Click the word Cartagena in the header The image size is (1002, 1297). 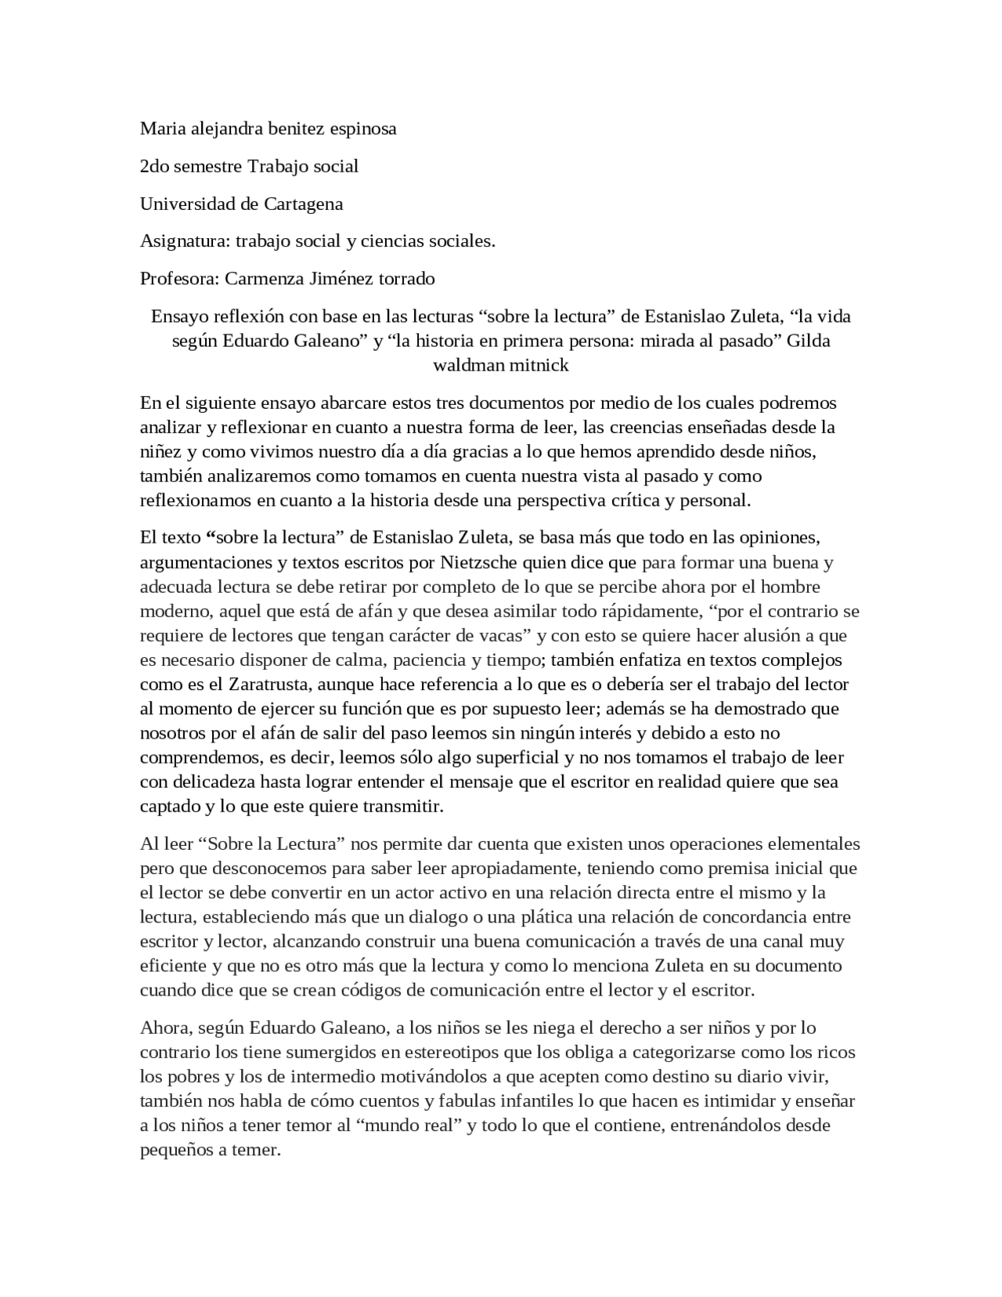[303, 204]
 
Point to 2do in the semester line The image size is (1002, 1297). [153, 166]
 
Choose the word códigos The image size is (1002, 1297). [371, 989]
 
